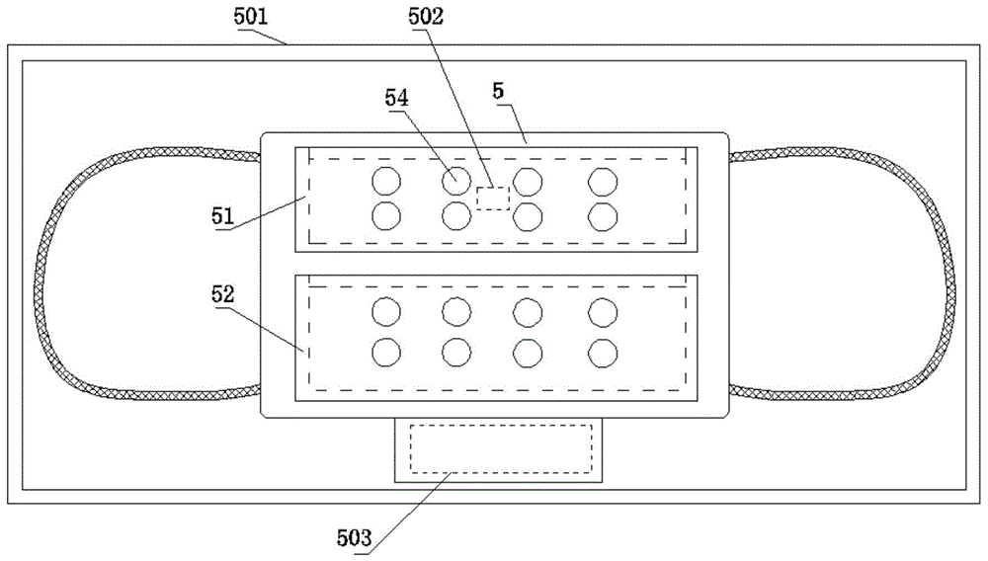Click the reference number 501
(x=251, y=17)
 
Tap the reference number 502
(x=426, y=17)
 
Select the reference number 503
(x=354, y=538)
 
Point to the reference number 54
(x=397, y=98)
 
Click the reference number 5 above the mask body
(x=498, y=91)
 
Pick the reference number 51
(x=222, y=216)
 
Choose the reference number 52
(x=222, y=294)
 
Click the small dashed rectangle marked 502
(x=493, y=198)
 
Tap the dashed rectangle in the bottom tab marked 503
(x=501, y=448)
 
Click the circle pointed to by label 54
(x=456, y=182)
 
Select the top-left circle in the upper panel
(x=386, y=182)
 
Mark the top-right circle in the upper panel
(x=603, y=182)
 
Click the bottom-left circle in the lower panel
(x=386, y=353)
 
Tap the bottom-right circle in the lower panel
(x=603, y=353)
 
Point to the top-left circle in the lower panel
(x=386, y=312)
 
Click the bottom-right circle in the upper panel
(x=603, y=216)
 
